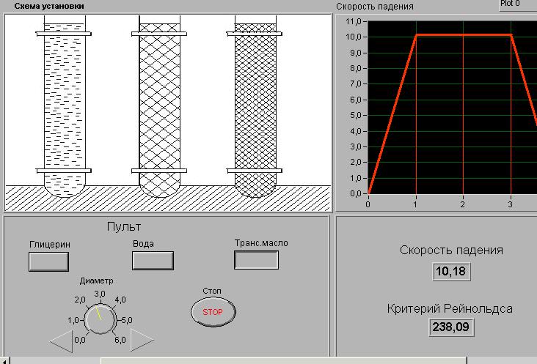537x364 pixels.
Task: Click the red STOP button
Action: (x=213, y=312)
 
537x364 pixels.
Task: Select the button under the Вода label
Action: (x=153, y=261)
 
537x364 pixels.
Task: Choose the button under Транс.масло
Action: (x=256, y=260)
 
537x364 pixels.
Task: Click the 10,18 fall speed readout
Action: (x=451, y=272)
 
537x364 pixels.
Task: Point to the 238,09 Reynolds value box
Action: (x=450, y=327)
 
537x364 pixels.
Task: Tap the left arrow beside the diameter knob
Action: (x=62, y=341)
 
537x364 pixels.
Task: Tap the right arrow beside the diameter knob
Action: (x=142, y=340)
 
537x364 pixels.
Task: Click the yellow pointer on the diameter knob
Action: (x=98, y=313)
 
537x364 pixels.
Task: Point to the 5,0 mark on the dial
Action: (x=127, y=321)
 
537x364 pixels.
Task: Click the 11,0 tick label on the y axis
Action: (x=354, y=21)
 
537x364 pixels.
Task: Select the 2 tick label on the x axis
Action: (x=463, y=204)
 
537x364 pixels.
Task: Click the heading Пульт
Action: (x=124, y=226)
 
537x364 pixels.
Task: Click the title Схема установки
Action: (x=49, y=6)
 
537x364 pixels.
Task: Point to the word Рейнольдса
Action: (x=478, y=308)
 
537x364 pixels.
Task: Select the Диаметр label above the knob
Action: (x=96, y=281)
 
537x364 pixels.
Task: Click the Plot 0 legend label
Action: (x=510, y=4)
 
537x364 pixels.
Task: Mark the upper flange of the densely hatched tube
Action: (x=255, y=34)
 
